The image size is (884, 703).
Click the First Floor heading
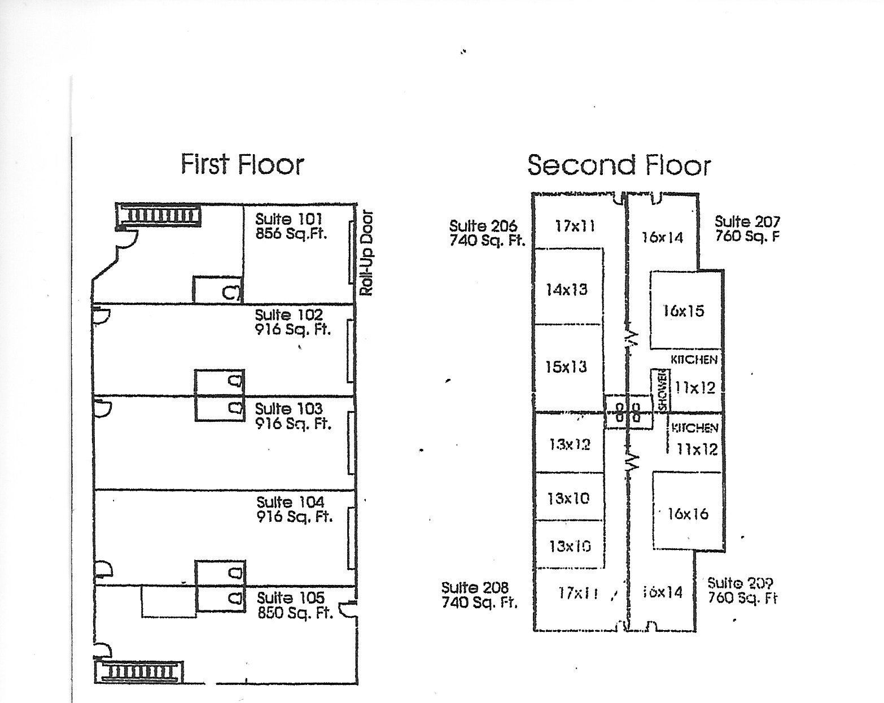(242, 164)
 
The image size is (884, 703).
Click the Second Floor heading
(619, 165)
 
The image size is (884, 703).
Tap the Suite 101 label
(288, 219)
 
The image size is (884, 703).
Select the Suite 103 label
(289, 408)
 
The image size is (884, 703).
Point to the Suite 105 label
(291, 598)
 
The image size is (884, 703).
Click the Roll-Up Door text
(367, 253)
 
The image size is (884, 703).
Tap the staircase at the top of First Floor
(160, 216)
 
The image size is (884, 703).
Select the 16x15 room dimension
(684, 311)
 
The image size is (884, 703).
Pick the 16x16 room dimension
(688, 514)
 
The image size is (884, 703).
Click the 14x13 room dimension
(566, 290)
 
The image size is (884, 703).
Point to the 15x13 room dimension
(566, 367)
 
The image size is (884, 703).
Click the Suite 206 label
(483, 226)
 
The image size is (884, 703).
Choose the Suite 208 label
(475, 588)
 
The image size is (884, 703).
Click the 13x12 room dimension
(570, 444)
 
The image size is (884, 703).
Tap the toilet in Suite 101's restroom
(231, 292)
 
